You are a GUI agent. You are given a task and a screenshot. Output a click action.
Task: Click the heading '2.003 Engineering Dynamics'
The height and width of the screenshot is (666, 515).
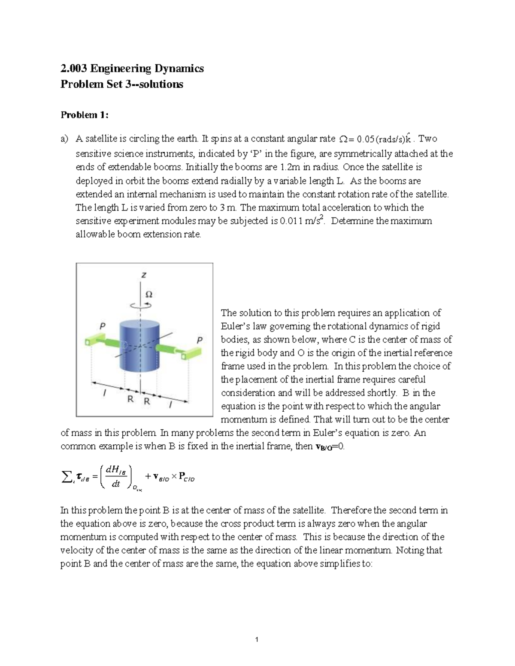click(132, 69)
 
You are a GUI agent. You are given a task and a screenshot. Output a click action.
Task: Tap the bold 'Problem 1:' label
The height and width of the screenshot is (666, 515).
click(85, 115)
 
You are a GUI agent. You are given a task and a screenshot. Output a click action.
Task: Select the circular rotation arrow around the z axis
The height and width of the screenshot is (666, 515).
click(141, 305)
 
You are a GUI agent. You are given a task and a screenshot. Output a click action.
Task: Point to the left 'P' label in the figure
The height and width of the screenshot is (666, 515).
click(102, 326)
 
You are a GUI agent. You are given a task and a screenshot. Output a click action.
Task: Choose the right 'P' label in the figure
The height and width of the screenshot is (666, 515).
click(199, 340)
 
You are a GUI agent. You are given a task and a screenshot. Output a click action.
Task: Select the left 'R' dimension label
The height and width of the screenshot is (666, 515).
click(130, 399)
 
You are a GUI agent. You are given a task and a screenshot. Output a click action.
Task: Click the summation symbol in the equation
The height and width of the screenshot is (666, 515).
click(66, 476)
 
